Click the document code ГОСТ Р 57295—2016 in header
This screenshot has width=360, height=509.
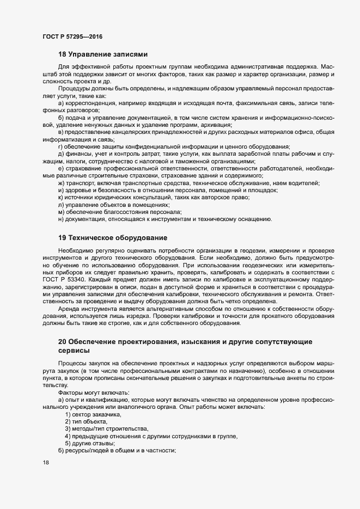pos(72,36)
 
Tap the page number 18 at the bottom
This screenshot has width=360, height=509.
pos(45,463)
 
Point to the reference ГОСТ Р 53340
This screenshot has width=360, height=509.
pos(60,280)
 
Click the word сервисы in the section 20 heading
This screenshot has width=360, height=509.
pos(76,351)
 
